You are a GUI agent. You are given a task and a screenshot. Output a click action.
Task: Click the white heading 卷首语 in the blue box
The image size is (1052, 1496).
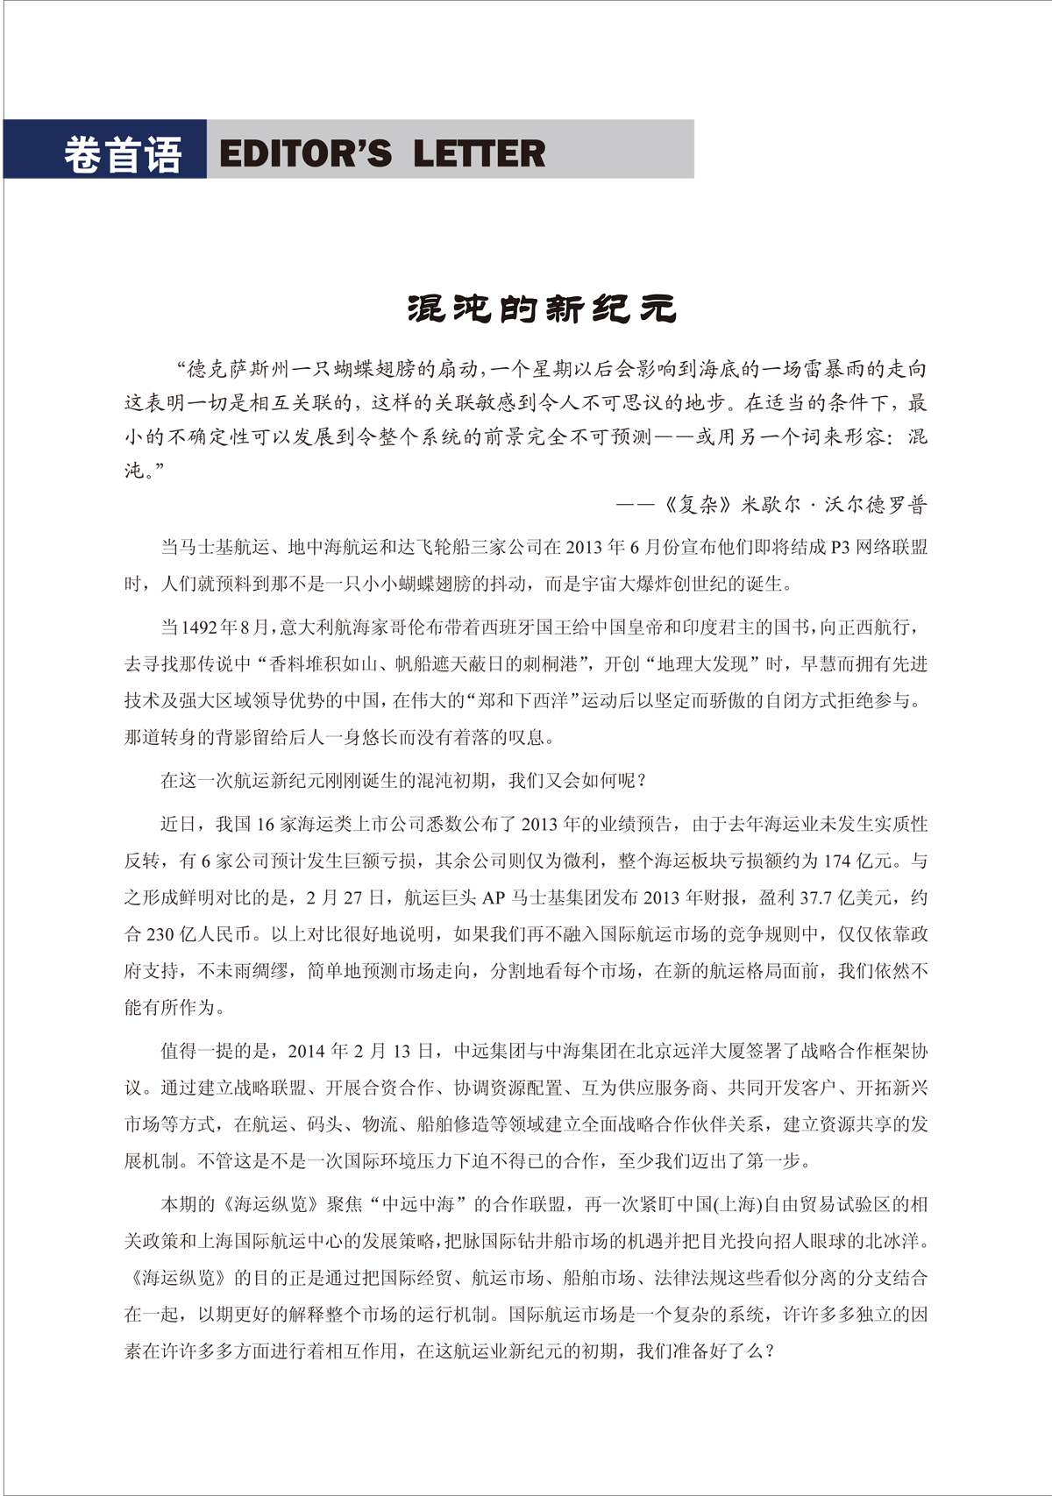[122, 155]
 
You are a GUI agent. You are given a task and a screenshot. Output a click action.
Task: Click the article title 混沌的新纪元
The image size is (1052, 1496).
[542, 308]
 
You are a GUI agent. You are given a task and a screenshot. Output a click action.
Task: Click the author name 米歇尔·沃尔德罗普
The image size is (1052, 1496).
[834, 505]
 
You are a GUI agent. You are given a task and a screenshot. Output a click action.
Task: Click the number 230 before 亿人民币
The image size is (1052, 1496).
[160, 935]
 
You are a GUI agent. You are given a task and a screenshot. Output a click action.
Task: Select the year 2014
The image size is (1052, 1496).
[306, 1051]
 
